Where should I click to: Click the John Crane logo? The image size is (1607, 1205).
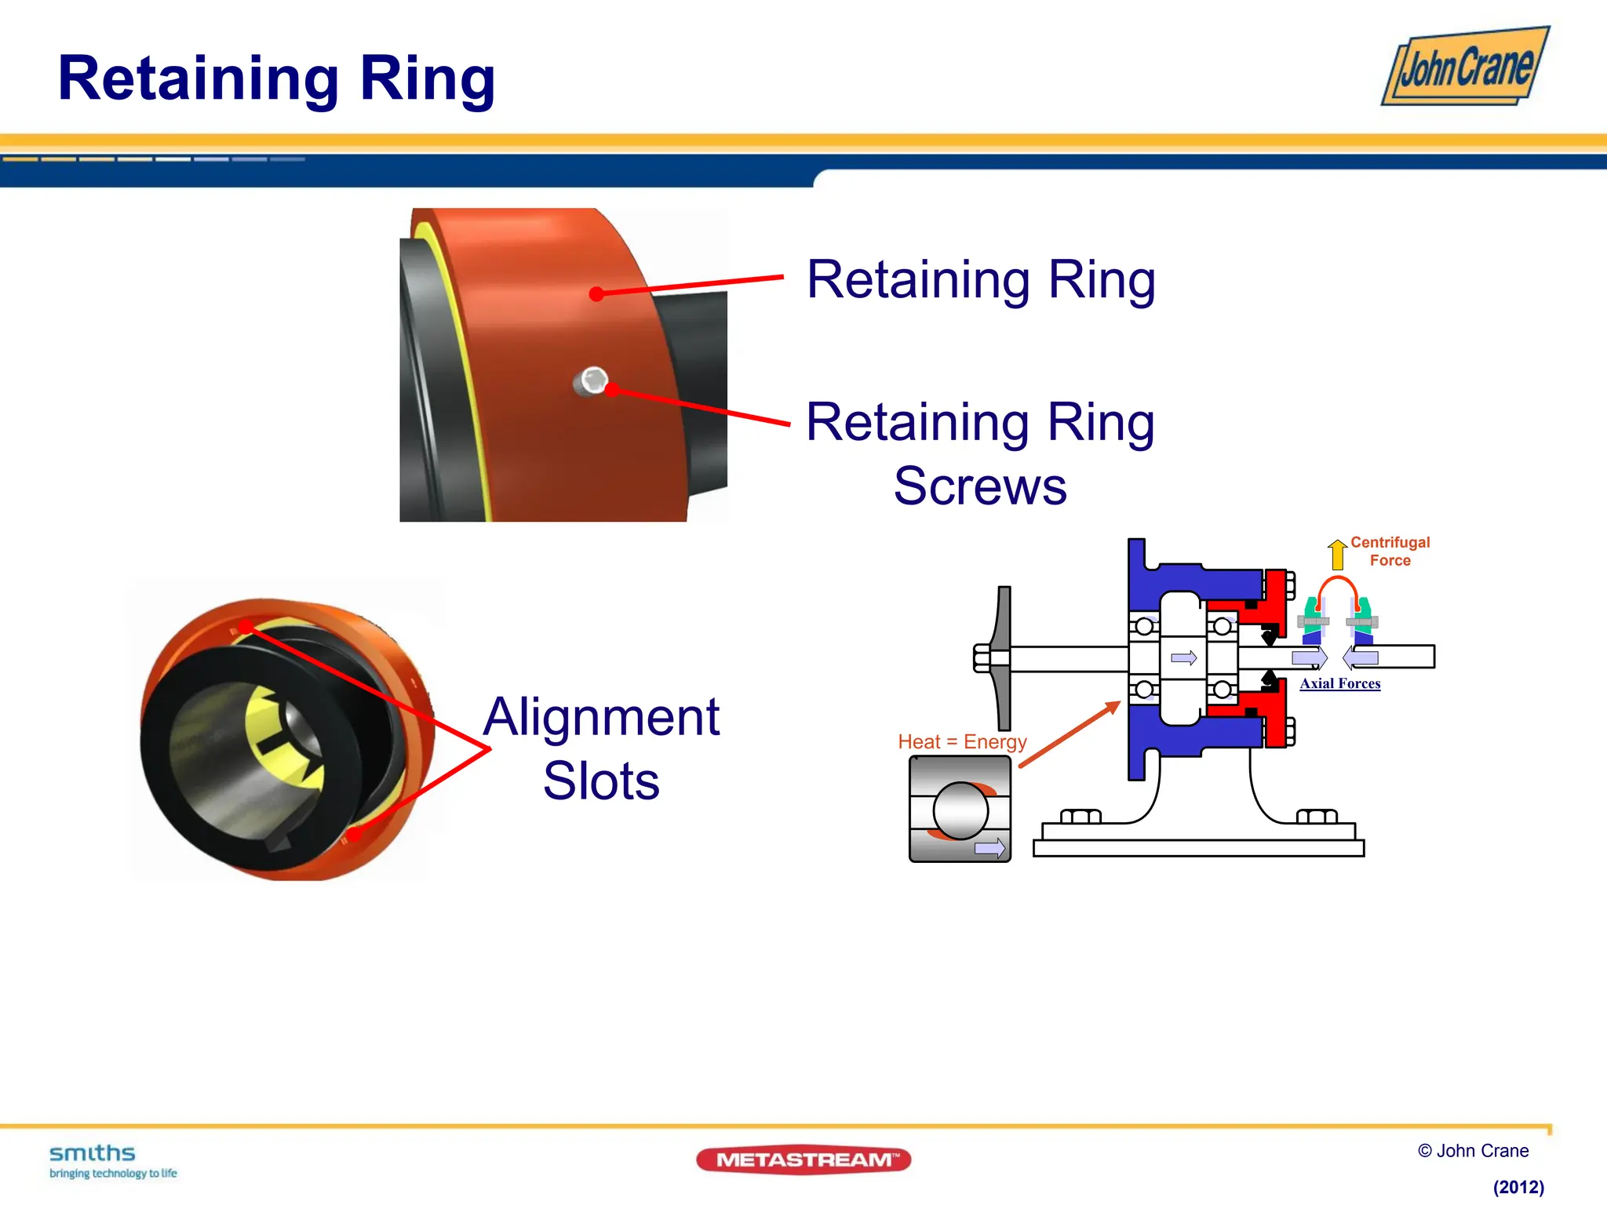(x=1465, y=67)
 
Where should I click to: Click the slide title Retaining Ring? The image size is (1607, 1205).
(x=276, y=78)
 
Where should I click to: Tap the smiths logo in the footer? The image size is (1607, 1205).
(x=93, y=1153)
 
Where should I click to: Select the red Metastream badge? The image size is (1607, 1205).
(x=803, y=1159)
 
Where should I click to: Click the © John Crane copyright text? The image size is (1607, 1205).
(x=1473, y=1151)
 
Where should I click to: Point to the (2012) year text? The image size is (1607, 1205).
(x=1518, y=1187)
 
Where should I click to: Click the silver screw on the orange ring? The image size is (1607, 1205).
(x=590, y=381)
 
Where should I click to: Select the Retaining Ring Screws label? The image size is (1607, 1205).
(x=980, y=453)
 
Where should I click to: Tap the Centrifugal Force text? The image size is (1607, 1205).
(x=1390, y=552)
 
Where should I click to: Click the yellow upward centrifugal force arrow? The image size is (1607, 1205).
(x=1337, y=554)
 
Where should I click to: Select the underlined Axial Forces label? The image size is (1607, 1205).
(x=1339, y=683)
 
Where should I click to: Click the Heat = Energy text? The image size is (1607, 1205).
(x=962, y=741)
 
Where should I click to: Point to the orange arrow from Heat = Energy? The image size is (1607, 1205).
(x=1070, y=734)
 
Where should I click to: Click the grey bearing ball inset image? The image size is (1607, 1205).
(x=960, y=809)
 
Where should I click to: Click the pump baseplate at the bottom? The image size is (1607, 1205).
(x=1198, y=847)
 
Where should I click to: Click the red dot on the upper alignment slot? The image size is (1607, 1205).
(x=246, y=626)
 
